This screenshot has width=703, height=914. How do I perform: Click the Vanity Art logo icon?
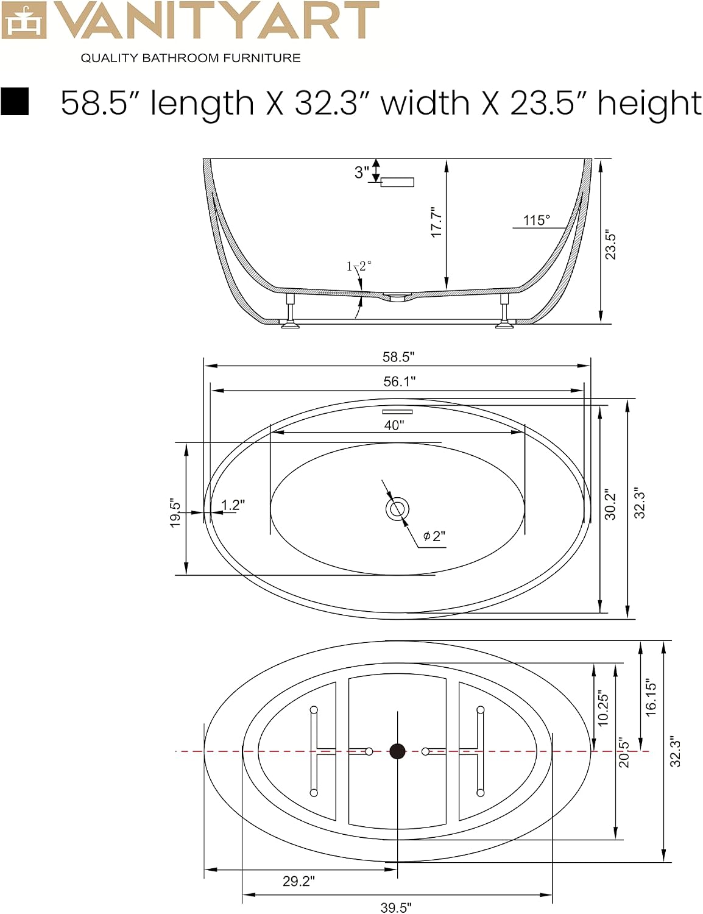23,19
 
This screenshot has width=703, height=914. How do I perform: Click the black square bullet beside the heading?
15,101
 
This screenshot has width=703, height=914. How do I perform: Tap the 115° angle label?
536,220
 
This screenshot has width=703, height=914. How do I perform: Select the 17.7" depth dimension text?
436,222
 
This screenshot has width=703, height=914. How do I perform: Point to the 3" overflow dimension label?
362,172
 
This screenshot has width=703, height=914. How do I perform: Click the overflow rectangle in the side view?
397,182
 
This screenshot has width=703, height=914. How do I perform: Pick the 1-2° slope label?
359,266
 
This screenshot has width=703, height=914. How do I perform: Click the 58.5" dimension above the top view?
398,356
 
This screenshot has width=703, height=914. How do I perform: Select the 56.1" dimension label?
400,381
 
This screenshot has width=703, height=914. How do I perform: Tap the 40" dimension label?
394,425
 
